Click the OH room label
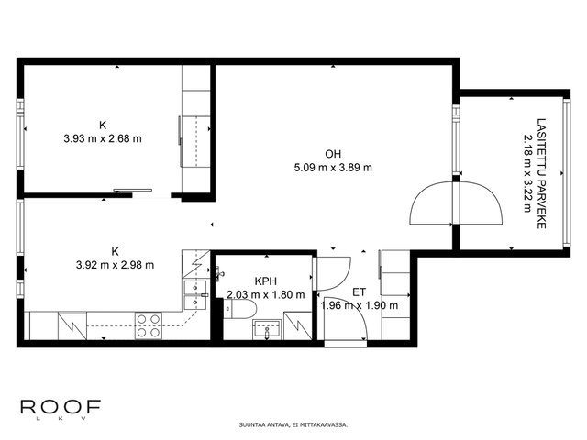pos(333,154)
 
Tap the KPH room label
pos(265,281)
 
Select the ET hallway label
pos(359,291)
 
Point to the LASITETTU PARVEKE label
pos(541,173)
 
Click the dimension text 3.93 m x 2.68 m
pos(103,138)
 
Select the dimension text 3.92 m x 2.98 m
pos(115,265)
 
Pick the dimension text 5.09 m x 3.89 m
pos(333,167)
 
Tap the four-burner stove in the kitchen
pos(149,325)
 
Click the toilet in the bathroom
pos(240,309)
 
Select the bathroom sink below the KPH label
pos(267,330)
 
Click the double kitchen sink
pos(195,295)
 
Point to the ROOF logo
pos(61,409)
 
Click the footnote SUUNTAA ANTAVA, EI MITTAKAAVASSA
pos(293,424)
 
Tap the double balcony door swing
pos(456,203)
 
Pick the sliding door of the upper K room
pos(133,191)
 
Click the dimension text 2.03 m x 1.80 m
pos(265,294)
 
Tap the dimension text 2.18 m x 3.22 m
pos(527,173)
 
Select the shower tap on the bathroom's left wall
pos(219,274)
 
